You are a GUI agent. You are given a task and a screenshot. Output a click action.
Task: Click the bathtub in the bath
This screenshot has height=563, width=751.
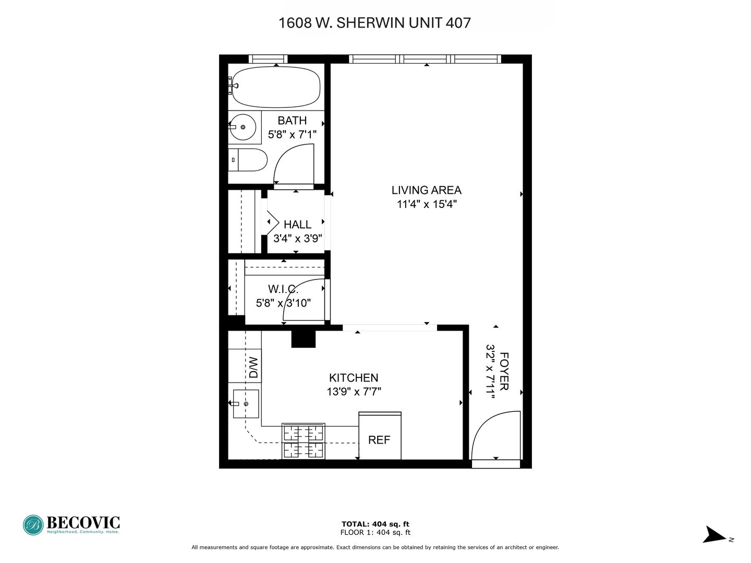276,87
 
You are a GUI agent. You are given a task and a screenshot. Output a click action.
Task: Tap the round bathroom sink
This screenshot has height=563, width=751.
243,127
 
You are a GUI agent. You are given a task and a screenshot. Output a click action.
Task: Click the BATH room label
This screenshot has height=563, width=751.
292,120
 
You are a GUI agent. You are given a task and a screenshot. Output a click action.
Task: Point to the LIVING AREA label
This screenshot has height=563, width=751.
426,190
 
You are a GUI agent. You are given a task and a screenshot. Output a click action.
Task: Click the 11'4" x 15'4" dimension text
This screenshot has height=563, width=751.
427,204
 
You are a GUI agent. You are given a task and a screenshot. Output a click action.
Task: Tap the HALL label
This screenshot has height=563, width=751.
297,225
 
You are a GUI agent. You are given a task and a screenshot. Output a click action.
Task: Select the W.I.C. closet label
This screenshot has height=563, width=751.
283,289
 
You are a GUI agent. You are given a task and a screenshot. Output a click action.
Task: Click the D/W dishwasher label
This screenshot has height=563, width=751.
253,368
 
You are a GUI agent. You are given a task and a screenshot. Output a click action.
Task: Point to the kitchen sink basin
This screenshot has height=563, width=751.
246,403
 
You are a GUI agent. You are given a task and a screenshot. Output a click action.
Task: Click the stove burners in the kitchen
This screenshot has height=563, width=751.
303,441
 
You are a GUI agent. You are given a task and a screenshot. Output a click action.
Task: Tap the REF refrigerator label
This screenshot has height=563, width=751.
379,440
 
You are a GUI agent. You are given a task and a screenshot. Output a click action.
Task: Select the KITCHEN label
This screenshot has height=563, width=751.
354,378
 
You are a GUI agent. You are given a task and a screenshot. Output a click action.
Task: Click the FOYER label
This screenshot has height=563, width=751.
504,371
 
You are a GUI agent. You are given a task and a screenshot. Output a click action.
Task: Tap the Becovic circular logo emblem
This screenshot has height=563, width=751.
33,525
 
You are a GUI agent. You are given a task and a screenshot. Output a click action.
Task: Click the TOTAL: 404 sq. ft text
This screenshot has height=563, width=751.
375,524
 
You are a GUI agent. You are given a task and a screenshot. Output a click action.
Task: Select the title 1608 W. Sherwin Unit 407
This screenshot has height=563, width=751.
374,23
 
